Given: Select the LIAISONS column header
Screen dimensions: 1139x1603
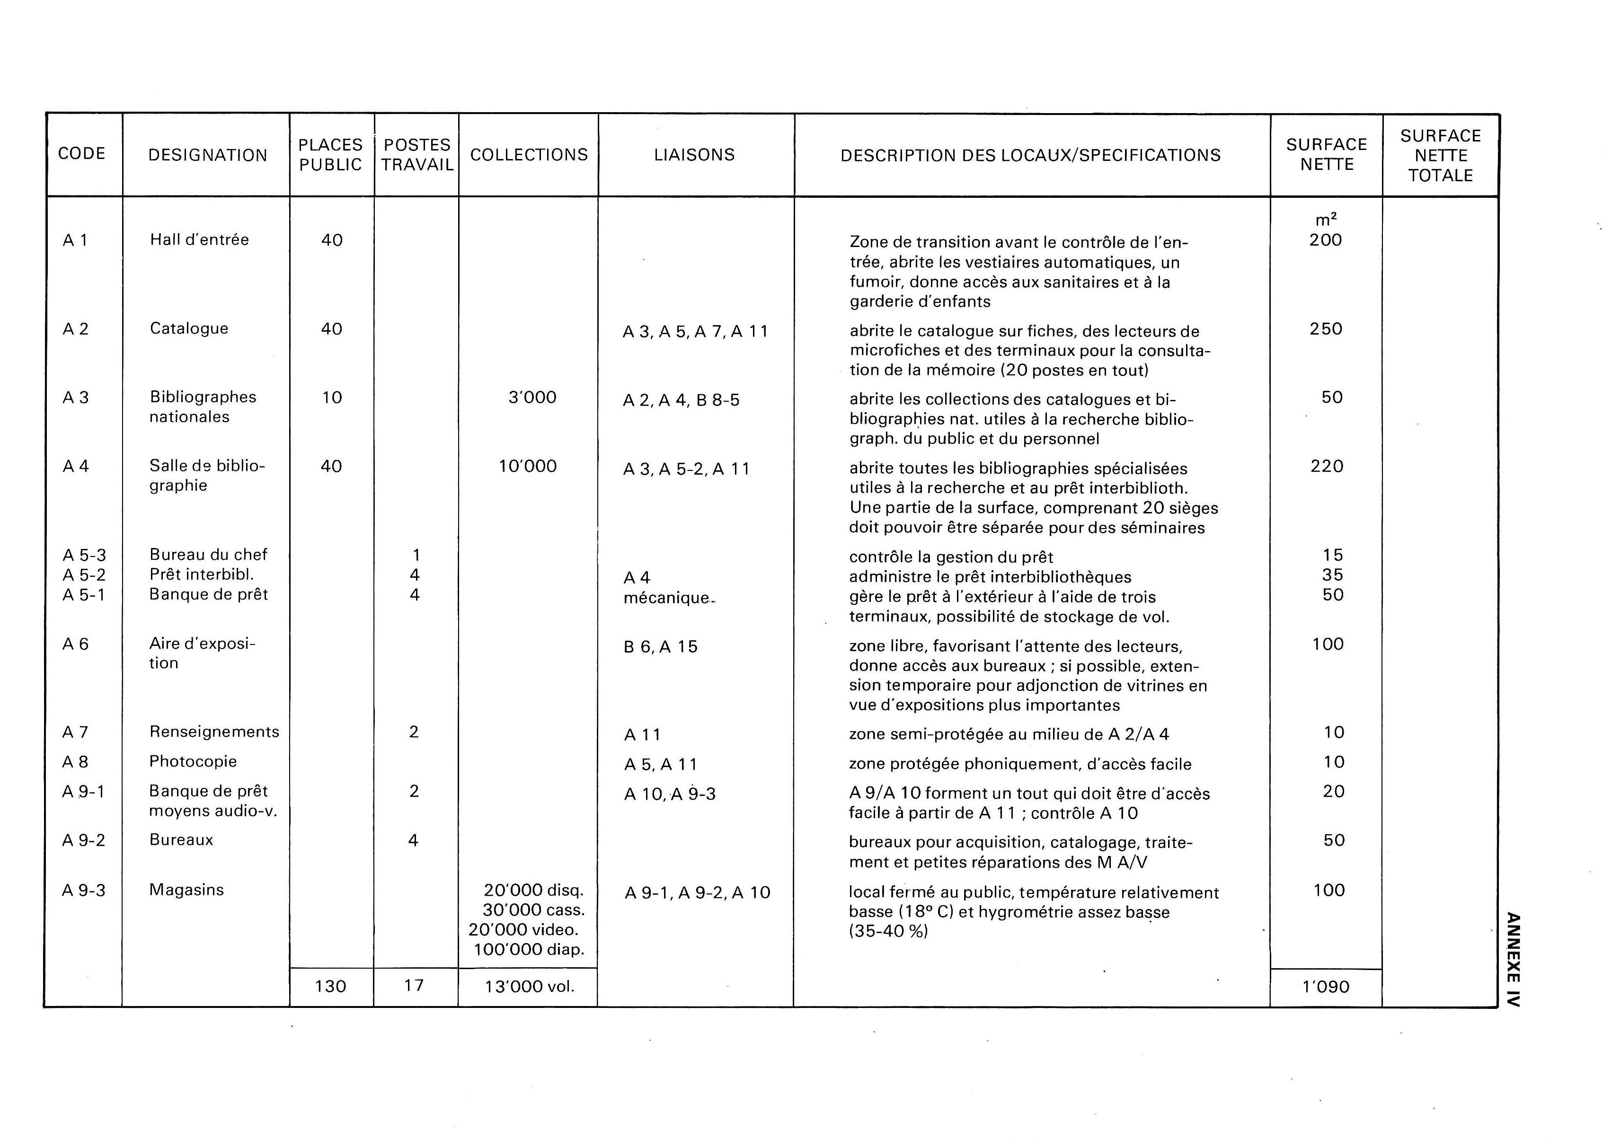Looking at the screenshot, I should (694, 155).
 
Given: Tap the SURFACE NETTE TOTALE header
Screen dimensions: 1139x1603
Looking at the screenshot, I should (1440, 156).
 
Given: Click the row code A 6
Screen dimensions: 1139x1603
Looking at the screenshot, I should (76, 644).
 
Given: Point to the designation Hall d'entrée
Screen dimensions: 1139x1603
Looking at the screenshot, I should (199, 240).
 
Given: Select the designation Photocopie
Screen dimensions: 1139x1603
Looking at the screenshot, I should (193, 762).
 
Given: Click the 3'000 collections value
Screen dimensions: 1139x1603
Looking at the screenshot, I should (532, 397).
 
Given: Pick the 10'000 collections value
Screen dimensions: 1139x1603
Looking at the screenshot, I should (528, 467).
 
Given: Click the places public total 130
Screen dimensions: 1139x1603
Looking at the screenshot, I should (330, 987).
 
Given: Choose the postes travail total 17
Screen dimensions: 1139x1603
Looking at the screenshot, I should (414, 985).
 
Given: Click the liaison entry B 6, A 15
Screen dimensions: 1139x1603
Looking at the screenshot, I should (661, 647).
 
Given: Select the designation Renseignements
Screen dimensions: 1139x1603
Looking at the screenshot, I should (214, 732).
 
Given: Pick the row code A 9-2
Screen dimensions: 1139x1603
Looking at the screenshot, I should (83, 840).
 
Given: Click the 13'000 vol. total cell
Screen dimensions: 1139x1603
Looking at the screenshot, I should (530, 987).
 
